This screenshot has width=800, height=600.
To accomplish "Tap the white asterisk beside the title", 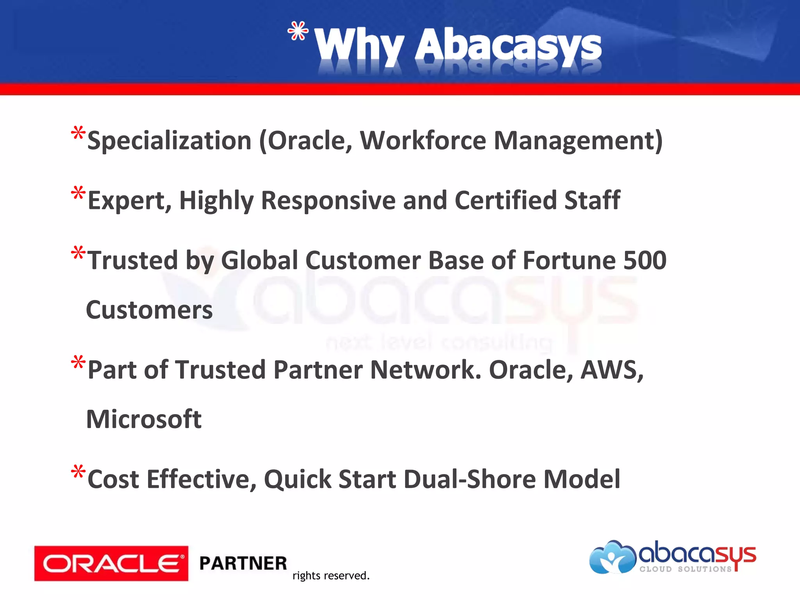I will coord(298,31).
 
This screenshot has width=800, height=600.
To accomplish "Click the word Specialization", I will coord(169,141).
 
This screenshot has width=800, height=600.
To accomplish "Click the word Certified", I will coord(505,200).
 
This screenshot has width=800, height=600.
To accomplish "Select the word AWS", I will coord(611,370).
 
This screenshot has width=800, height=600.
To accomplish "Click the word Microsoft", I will coord(144,419).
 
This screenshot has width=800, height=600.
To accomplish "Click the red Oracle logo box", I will coord(111,563).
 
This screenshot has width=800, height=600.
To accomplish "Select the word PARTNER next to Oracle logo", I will coord(243,563).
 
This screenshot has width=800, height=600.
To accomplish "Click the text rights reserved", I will coord(330,576).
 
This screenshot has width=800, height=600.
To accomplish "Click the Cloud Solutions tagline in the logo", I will coord(686,569).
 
